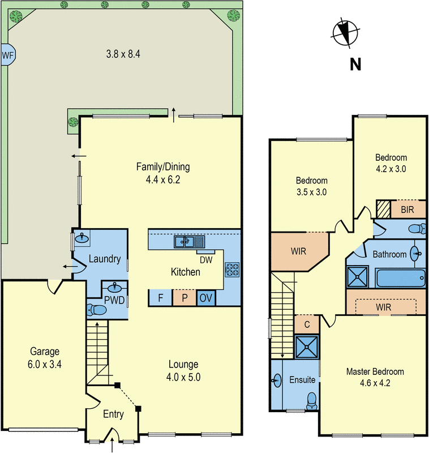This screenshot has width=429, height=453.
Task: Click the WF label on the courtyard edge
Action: click(x=7, y=55)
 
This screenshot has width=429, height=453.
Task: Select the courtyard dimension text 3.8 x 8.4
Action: click(x=123, y=55)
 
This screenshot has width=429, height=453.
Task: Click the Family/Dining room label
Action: click(x=163, y=167)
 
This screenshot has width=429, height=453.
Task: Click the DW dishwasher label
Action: click(x=207, y=259)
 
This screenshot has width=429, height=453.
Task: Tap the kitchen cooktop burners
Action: click(x=233, y=269)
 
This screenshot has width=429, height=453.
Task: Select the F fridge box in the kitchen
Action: click(x=160, y=298)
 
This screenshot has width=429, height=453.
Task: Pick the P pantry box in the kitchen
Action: click(x=184, y=298)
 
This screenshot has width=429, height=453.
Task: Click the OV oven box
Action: click(x=206, y=298)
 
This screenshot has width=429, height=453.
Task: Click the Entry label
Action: click(x=113, y=414)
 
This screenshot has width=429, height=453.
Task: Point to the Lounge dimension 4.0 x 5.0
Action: click(x=183, y=376)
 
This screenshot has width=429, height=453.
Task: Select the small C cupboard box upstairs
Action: click(x=306, y=324)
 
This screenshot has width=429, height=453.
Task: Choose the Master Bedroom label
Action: click(x=375, y=372)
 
